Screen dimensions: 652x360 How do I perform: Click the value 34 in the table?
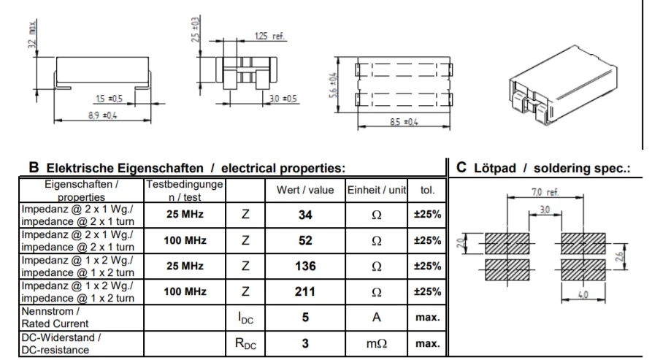[305, 215]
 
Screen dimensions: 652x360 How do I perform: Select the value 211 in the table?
[305, 292]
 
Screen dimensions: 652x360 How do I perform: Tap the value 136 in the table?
[305, 266]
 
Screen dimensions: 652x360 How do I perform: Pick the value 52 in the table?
[305, 241]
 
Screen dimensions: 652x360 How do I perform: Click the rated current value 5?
[305, 317]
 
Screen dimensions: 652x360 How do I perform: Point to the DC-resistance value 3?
[305, 343]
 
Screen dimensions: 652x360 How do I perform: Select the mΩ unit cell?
[376, 343]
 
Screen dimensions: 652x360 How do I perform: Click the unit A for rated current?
[376, 317]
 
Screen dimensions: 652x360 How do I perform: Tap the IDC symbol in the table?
[245, 318]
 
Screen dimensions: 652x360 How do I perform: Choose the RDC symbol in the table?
[245, 344]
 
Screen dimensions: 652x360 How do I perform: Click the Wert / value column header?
[305, 190]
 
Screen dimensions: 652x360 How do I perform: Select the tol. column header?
[427, 190]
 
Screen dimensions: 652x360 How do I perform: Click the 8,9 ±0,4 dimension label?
[102, 115]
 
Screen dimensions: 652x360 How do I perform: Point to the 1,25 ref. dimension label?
[270, 37]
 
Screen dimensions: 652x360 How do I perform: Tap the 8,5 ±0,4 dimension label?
[404, 122]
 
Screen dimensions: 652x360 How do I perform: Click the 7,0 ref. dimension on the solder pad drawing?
[545, 192]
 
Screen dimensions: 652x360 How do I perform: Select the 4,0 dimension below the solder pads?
[583, 294]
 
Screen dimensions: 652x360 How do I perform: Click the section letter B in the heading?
[34, 167]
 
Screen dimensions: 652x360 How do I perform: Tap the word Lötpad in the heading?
[495, 168]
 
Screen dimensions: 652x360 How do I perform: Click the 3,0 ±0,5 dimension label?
[283, 99]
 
